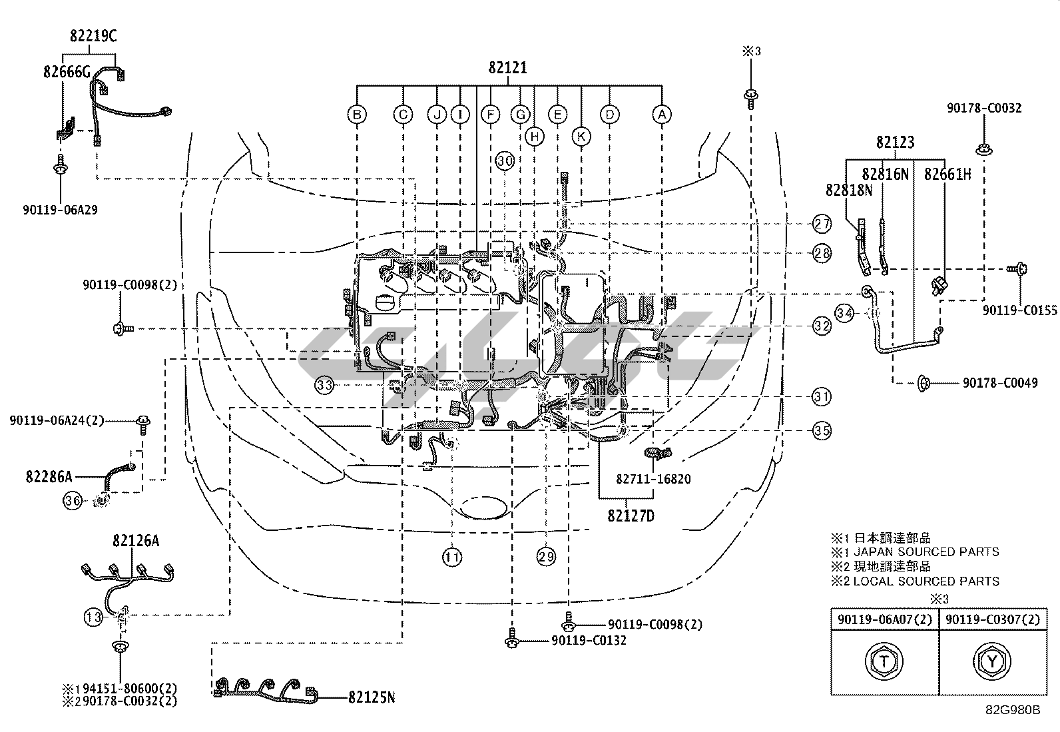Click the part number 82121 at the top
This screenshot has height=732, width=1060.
pos(508,68)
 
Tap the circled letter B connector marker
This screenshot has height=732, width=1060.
pos(357,114)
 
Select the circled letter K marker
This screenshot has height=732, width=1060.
pos(581,137)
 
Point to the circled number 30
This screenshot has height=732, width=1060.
pos(505,161)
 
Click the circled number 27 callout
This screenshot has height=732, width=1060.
pos(822,224)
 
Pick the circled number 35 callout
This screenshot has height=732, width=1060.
pos(822,430)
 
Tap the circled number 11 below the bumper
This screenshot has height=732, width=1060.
pos(452,557)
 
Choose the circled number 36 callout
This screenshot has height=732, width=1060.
pos(73,500)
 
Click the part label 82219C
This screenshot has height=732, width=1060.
pos(93,36)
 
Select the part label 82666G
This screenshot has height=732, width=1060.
pos(67,72)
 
